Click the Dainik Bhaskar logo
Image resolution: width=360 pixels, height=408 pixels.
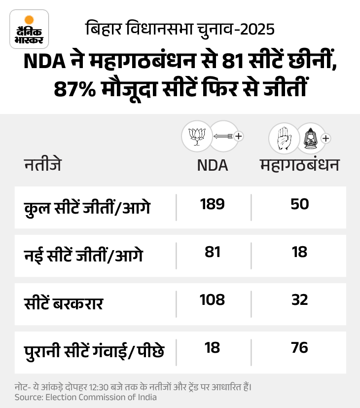[29, 29]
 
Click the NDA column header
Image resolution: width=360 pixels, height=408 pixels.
[212, 165]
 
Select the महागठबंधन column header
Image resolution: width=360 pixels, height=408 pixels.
[300, 165]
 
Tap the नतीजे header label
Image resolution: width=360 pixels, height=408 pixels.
[43, 164]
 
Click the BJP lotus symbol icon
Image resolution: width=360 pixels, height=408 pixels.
[197, 136]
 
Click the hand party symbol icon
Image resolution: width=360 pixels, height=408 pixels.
[284, 138]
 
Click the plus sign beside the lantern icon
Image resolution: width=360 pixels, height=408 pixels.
[325, 139]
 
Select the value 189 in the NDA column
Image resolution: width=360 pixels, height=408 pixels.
[212, 204]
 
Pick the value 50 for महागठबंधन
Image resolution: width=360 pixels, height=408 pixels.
[300, 204]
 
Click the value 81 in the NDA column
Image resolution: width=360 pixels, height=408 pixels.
[212, 252]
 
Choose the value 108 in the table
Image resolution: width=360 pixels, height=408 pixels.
[212, 300]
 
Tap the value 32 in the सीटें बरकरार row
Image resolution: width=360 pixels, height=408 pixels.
[300, 300]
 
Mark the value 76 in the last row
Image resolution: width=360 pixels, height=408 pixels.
[300, 348]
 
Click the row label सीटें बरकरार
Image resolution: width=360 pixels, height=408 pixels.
[64, 303]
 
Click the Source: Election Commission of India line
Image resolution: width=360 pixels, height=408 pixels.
[85, 397]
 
